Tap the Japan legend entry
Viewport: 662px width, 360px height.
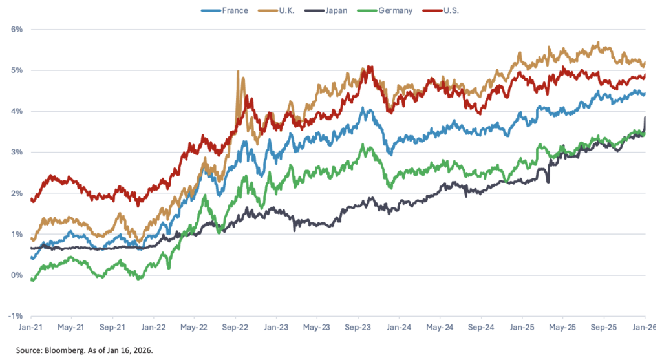coord(338,10)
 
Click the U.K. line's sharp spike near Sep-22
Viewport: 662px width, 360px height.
coord(239,72)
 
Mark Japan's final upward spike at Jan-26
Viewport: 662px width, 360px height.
coord(645,118)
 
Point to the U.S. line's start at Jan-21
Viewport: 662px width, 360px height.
coord(32,200)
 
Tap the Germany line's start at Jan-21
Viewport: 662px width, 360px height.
coord(32,279)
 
